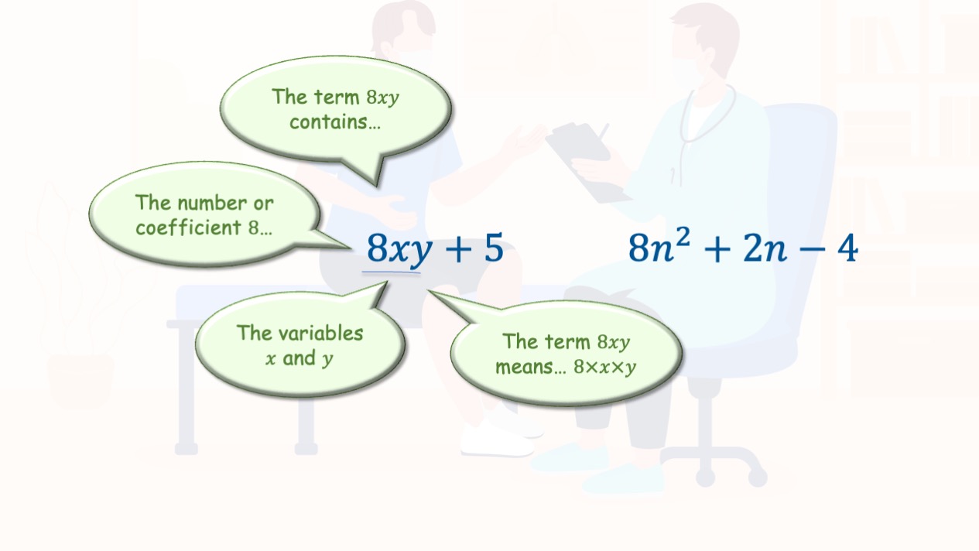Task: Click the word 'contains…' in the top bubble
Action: (335, 122)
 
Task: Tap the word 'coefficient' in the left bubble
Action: (188, 228)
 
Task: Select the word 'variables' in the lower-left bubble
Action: (321, 333)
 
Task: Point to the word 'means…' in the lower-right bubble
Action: (531, 367)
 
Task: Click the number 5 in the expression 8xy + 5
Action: (494, 248)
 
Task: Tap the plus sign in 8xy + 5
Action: (458, 249)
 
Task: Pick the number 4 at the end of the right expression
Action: (848, 248)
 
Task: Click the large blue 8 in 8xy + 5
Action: (377, 248)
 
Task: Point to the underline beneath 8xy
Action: (391, 272)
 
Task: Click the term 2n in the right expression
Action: (765, 248)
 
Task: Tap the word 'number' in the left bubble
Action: (212, 204)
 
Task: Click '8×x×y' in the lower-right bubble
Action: (604, 368)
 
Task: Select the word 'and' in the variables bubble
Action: (299, 358)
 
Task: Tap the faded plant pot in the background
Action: (80, 381)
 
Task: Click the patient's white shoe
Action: (498, 440)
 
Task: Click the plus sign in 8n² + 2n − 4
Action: (717, 249)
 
